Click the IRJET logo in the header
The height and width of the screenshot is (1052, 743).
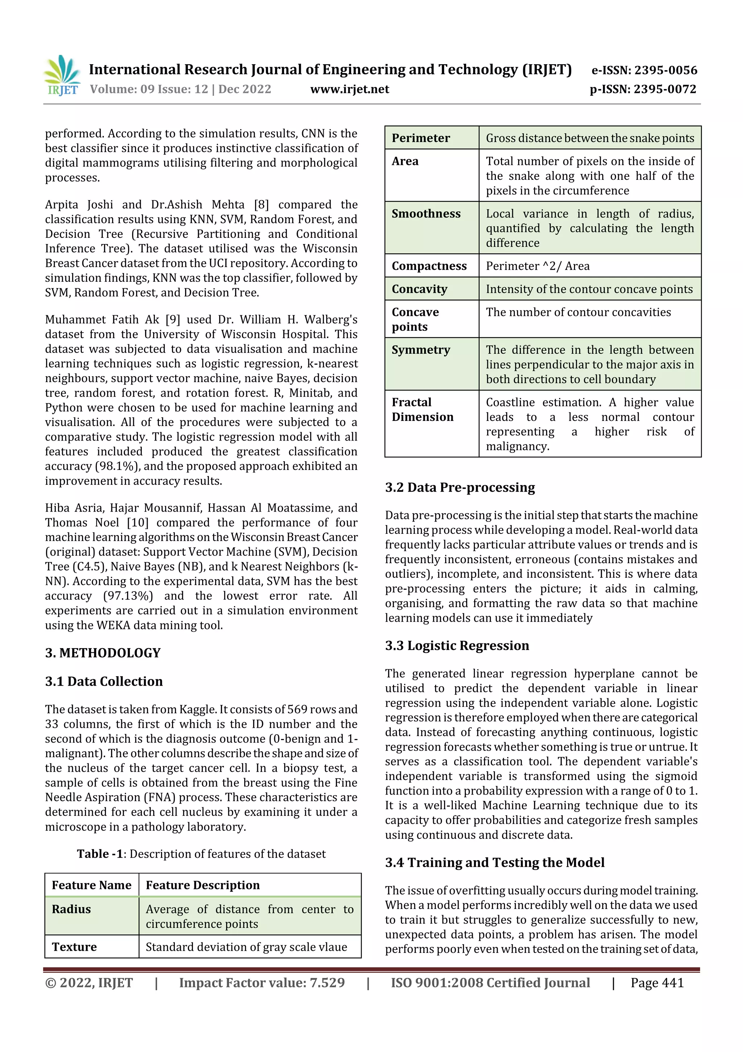[x=62, y=76]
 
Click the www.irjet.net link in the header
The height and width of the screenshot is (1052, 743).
[x=350, y=89]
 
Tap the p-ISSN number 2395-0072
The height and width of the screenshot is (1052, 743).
[x=665, y=89]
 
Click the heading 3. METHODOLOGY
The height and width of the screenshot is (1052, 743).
[x=103, y=653]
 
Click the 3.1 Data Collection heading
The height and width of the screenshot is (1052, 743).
[x=104, y=681]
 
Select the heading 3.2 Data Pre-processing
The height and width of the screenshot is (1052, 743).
[x=460, y=488]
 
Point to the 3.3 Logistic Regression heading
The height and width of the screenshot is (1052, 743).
[x=457, y=646]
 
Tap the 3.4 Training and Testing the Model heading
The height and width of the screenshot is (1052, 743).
[x=494, y=863]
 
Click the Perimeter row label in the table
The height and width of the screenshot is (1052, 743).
[x=421, y=138]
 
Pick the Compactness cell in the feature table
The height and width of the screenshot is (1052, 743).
[x=429, y=266]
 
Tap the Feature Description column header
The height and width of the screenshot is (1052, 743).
[x=203, y=885]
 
